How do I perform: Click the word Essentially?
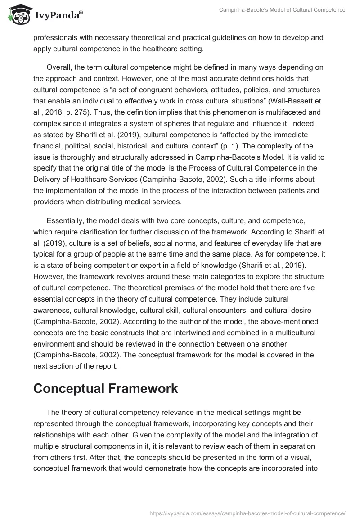(x=67, y=221)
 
